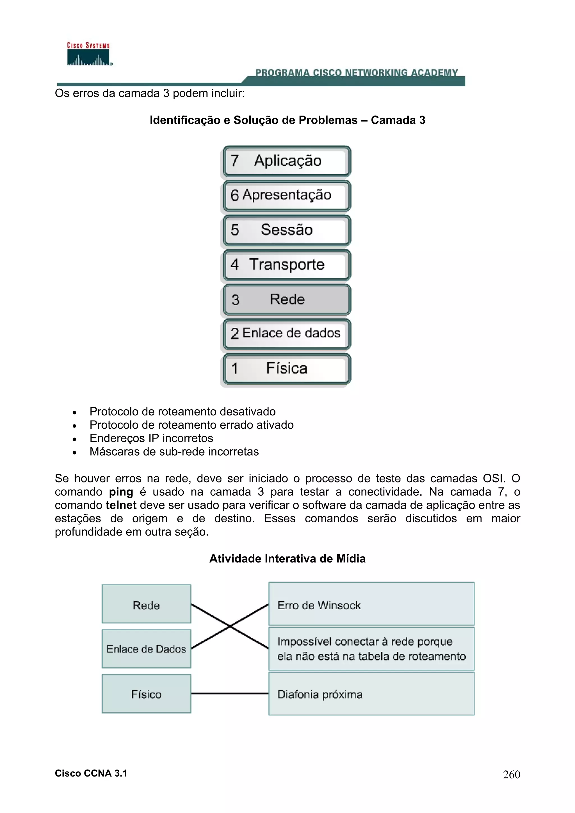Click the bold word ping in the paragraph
point(121,492)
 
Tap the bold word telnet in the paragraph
point(121,505)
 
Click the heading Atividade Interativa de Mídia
point(287,559)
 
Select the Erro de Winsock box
point(371,605)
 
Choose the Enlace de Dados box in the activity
point(146,649)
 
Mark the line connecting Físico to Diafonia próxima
point(230,693)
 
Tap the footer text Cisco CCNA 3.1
point(91,773)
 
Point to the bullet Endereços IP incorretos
point(151,438)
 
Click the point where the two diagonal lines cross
point(230,626)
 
